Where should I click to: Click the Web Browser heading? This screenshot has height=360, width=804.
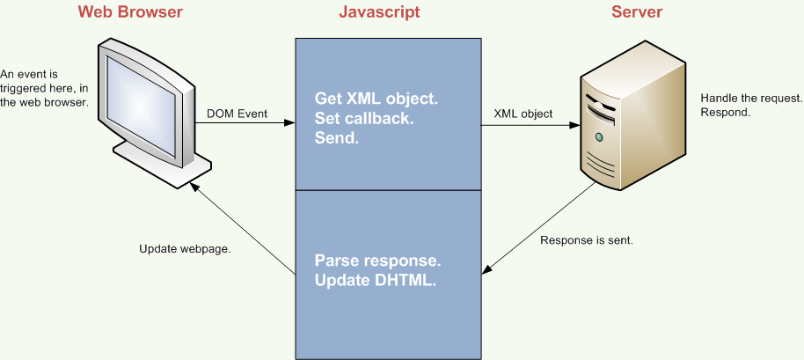[130, 11]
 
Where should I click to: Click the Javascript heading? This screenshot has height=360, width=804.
[379, 11]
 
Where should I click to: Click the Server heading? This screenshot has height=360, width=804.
[636, 11]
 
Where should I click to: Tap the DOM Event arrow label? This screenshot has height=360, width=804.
[237, 114]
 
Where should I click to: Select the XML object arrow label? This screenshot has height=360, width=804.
[523, 114]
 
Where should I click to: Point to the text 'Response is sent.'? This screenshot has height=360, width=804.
[587, 240]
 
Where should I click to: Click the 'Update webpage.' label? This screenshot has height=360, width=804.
[185, 249]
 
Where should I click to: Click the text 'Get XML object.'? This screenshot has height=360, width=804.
[376, 99]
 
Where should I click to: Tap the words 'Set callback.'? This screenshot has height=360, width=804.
[364, 119]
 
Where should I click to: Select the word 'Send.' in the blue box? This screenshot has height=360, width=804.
[336, 138]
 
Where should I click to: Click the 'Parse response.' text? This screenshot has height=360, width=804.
[378, 261]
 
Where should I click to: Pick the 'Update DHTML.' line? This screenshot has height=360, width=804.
[376, 281]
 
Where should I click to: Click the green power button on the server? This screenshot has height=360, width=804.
[598, 137]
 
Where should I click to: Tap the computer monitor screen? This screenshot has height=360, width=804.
[141, 105]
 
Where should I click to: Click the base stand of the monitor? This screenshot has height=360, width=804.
[162, 164]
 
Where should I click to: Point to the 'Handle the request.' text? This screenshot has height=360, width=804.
[751, 98]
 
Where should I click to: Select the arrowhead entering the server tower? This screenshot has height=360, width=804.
[574, 124]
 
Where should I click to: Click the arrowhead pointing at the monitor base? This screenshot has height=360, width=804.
[194, 188]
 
